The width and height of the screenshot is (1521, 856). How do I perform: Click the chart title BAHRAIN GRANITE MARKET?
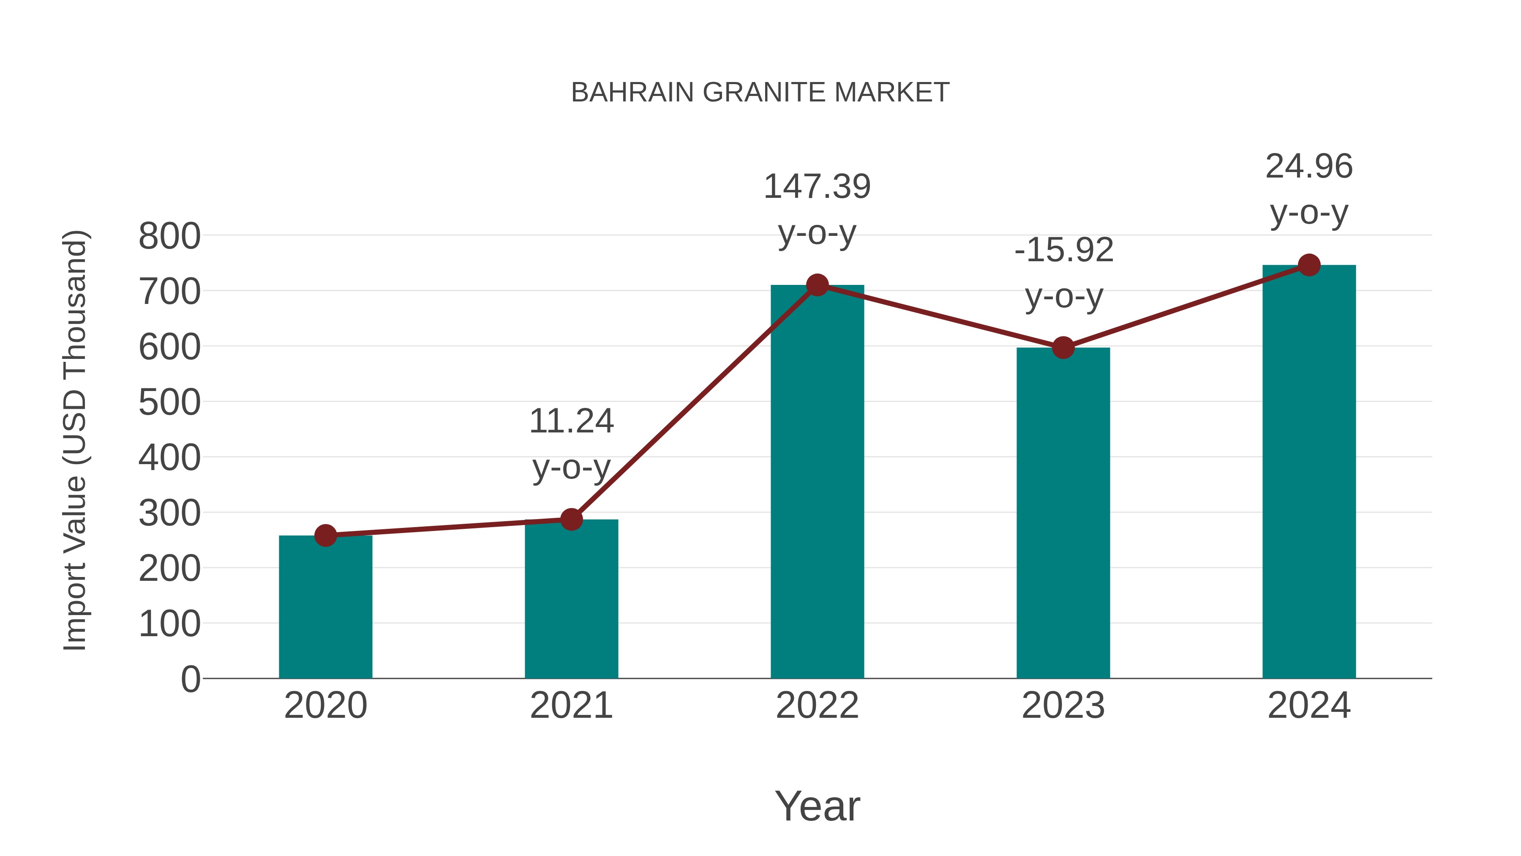pos(760,93)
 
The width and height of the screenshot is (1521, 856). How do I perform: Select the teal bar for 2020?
pos(325,608)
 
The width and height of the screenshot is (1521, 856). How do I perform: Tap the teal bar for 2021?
pos(571,599)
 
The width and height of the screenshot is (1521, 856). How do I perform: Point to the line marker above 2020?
pos(325,536)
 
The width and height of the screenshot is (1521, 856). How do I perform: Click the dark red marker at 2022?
pos(817,285)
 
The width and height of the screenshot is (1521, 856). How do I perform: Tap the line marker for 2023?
pos(1063,348)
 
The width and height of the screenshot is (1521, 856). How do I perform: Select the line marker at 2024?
pos(1309,265)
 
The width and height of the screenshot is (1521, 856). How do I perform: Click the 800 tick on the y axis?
pos(169,236)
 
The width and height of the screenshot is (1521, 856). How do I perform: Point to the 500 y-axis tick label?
pos(169,403)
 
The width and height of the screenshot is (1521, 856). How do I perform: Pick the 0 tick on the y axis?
pos(190,679)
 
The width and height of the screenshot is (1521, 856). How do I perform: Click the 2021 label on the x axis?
pos(571,706)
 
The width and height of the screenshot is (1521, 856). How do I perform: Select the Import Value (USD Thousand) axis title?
pos(76,440)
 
